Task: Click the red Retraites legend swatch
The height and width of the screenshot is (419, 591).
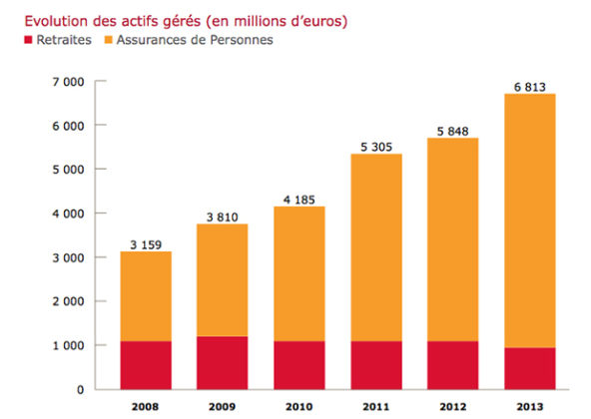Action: (x=15, y=40)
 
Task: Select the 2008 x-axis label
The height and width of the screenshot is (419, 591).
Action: (x=146, y=406)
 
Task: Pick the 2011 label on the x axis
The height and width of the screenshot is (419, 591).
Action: (x=374, y=406)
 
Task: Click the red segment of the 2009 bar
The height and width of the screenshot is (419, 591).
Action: (x=222, y=362)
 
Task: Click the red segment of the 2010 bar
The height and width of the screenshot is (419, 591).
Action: (x=298, y=365)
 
